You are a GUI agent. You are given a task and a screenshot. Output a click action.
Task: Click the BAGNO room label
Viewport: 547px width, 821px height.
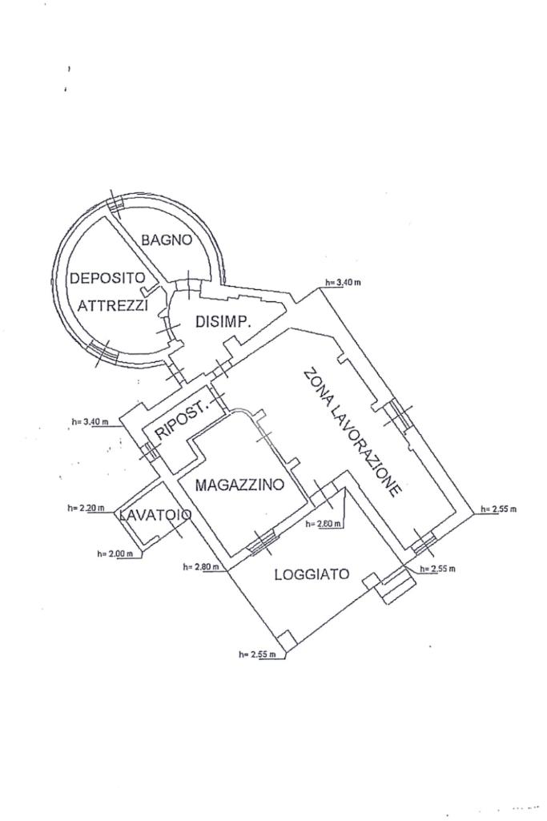click(167, 239)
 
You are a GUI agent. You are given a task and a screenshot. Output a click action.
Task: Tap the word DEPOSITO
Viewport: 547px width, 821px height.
click(107, 280)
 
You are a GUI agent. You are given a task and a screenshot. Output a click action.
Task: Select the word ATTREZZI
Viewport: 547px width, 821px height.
click(113, 305)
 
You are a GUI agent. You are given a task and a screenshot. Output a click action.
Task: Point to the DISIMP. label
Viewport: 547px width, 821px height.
click(224, 323)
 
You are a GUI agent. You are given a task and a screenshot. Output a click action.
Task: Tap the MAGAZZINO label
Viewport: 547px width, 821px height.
click(239, 485)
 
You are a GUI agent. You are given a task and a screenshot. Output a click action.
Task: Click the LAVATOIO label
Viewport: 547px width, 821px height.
click(155, 514)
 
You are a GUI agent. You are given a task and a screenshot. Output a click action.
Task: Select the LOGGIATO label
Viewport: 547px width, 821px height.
click(312, 574)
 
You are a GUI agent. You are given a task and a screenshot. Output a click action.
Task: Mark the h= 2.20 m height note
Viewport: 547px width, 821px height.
click(86, 508)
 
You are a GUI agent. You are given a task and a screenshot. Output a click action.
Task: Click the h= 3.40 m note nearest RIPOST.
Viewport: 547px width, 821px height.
click(88, 422)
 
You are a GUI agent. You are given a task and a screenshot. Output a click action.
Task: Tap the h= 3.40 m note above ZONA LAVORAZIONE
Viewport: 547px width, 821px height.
click(343, 283)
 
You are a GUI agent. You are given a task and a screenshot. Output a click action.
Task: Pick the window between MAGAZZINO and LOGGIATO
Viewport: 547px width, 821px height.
click(259, 544)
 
